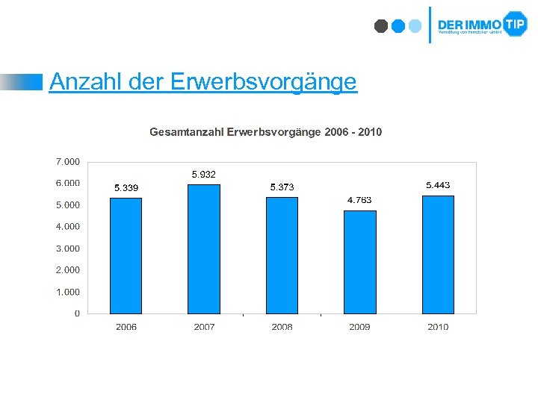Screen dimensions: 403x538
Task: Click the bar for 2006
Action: point(126,255)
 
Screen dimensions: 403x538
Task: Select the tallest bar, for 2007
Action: point(204,249)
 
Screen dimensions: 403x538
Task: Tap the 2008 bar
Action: point(282,255)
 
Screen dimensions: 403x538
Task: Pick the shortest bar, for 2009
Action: point(359,262)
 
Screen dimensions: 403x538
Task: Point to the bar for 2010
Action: point(438,254)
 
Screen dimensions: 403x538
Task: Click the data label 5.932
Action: point(203,175)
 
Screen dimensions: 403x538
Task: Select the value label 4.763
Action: point(359,200)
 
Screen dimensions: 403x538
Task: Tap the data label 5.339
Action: point(126,187)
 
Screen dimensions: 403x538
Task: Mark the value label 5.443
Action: point(438,185)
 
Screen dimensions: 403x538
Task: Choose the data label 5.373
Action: point(282,187)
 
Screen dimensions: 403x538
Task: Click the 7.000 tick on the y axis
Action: point(68,161)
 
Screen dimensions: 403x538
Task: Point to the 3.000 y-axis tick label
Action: point(68,249)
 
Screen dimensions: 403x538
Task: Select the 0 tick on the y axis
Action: point(77,313)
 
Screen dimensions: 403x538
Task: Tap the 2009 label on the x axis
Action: point(359,327)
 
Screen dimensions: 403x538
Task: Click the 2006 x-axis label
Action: point(126,327)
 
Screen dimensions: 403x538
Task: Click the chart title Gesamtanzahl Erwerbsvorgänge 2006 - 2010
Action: point(265,132)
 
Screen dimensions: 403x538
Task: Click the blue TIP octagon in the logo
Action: point(515,24)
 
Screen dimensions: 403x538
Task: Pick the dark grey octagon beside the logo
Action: point(381,26)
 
